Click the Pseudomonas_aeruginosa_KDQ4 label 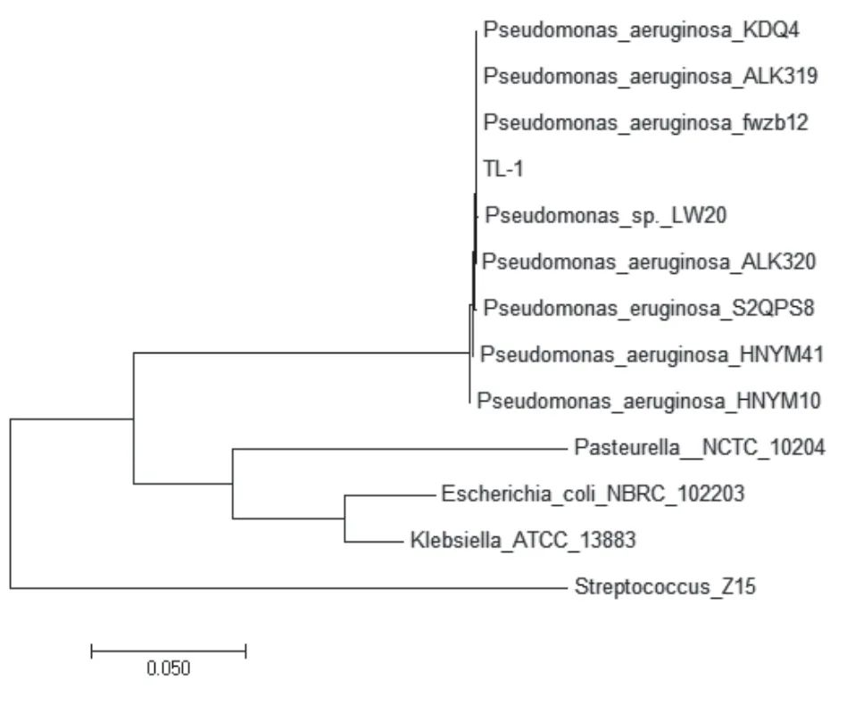click(641, 30)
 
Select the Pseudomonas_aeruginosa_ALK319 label click(651, 77)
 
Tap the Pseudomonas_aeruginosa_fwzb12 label click(645, 123)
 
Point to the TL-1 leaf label click(503, 169)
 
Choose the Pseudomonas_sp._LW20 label click(606, 216)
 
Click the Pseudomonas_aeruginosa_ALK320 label click(649, 262)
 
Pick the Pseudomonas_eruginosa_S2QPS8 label click(649, 309)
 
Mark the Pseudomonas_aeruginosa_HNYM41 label click(652, 355)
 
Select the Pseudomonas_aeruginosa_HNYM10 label click(649, 402)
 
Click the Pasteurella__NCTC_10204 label click(700, 448)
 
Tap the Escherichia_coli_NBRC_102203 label click(593, 494)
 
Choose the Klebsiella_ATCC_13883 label click(523, 540)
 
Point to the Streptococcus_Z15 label click(665, 587)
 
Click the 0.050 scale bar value click(169, 668)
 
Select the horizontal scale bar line click(169, 651)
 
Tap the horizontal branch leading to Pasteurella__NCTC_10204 click(400, 449)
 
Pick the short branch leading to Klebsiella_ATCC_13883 click(373, 542)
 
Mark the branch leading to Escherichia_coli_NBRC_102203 click(388, 495)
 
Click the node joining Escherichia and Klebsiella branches click(344, 518)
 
